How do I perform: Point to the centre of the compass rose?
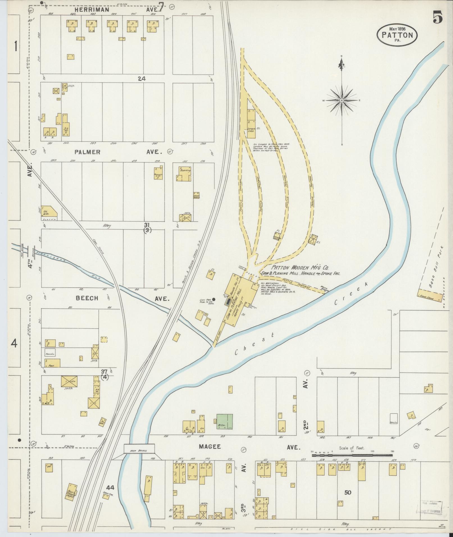[x=342, y=100]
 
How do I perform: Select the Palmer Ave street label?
[x=118, y=152]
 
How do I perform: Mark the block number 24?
[x=142, y=79]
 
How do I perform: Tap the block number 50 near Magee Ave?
[x=348, y=492]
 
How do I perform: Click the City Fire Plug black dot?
[x=214, y=299]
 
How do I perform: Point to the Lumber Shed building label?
[x=251, y=130]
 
